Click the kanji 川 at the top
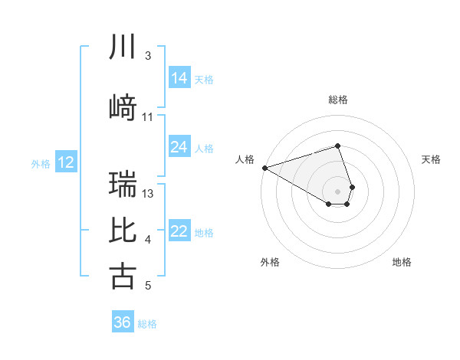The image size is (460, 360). (123, 48)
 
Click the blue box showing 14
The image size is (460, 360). (179, 78)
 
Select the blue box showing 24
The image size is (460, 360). (179, 147)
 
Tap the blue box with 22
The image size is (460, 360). (179, 232)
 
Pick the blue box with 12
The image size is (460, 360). (66, 162)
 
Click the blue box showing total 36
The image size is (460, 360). (123, 322)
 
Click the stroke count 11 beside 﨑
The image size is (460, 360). (148, 116)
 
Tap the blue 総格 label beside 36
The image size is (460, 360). (147, 324)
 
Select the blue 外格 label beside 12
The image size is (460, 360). (41, 163)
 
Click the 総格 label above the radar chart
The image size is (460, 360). (337, 100)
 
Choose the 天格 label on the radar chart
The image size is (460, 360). (431, 159)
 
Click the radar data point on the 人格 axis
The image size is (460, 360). (264, 168)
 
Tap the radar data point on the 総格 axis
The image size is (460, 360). (337, 146)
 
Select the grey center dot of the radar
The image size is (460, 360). (337, 191)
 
